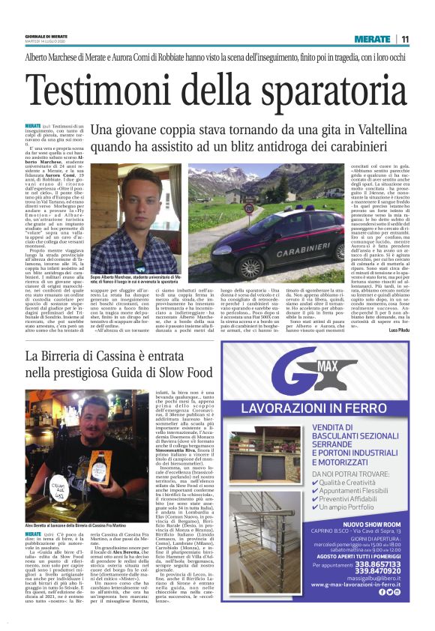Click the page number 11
pos(405,39)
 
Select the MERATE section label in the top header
pos(373,39)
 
